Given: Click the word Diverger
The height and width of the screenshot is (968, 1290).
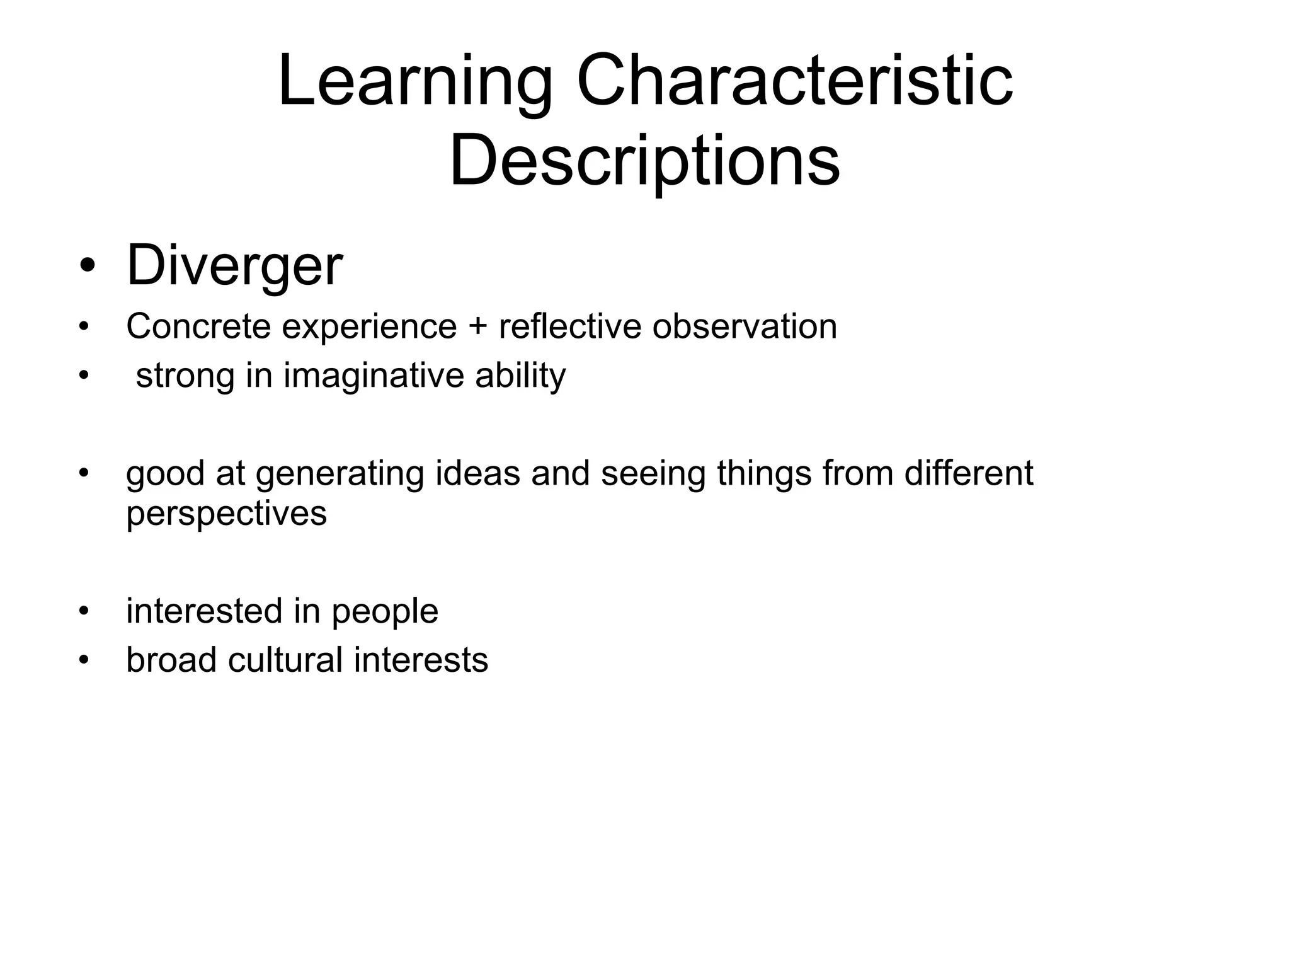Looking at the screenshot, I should [234, 265].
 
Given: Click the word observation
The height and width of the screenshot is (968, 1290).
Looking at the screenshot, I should [745, 326].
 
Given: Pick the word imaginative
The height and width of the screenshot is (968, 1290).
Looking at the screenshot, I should [373, 376].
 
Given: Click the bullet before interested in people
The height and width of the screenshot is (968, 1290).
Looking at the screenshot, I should [84, 611].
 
